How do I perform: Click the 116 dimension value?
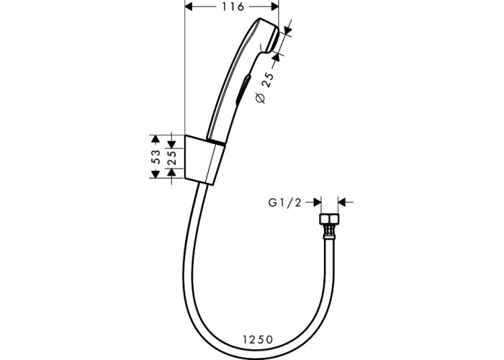[233, 6]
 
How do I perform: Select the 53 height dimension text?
[156, 156]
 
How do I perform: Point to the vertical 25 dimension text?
[173, 157]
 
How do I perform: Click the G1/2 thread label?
[285, 203]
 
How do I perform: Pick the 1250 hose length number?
[258, 339]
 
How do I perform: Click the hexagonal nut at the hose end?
[329, 219]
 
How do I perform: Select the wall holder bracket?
[204, 160]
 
